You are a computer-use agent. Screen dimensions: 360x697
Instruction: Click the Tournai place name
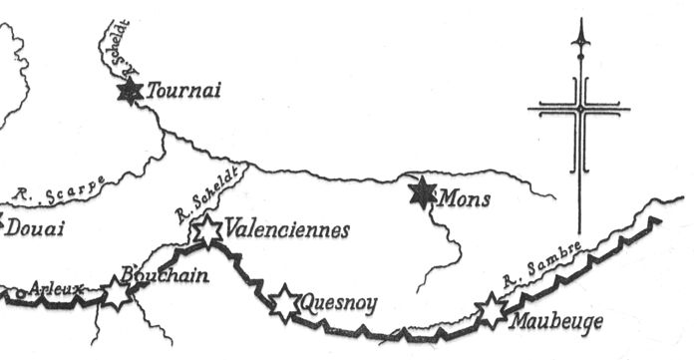pyautogui.click(x=183, y=92)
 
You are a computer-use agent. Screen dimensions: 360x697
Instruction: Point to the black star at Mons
pyautogui.click(x=425, y=191)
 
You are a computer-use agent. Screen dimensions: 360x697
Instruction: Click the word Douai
pyautogui.click(x=35, y=229)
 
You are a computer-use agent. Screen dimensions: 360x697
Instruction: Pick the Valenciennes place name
pyautogui.click(x=288, y=230)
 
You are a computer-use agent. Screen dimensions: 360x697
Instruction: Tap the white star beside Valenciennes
pyautogui.click(x=206, y=230)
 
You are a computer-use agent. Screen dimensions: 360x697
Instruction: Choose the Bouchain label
pyautogui.click(x=165, y=275)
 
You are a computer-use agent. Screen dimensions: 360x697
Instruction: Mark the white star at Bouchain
pyautogui.click(x=118, y=293)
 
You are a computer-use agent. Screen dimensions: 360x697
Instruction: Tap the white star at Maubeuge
pyautogui.click(x=492, y=311)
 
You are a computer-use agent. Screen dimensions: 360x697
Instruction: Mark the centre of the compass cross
pyautogui.click(x=578, y=108)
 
